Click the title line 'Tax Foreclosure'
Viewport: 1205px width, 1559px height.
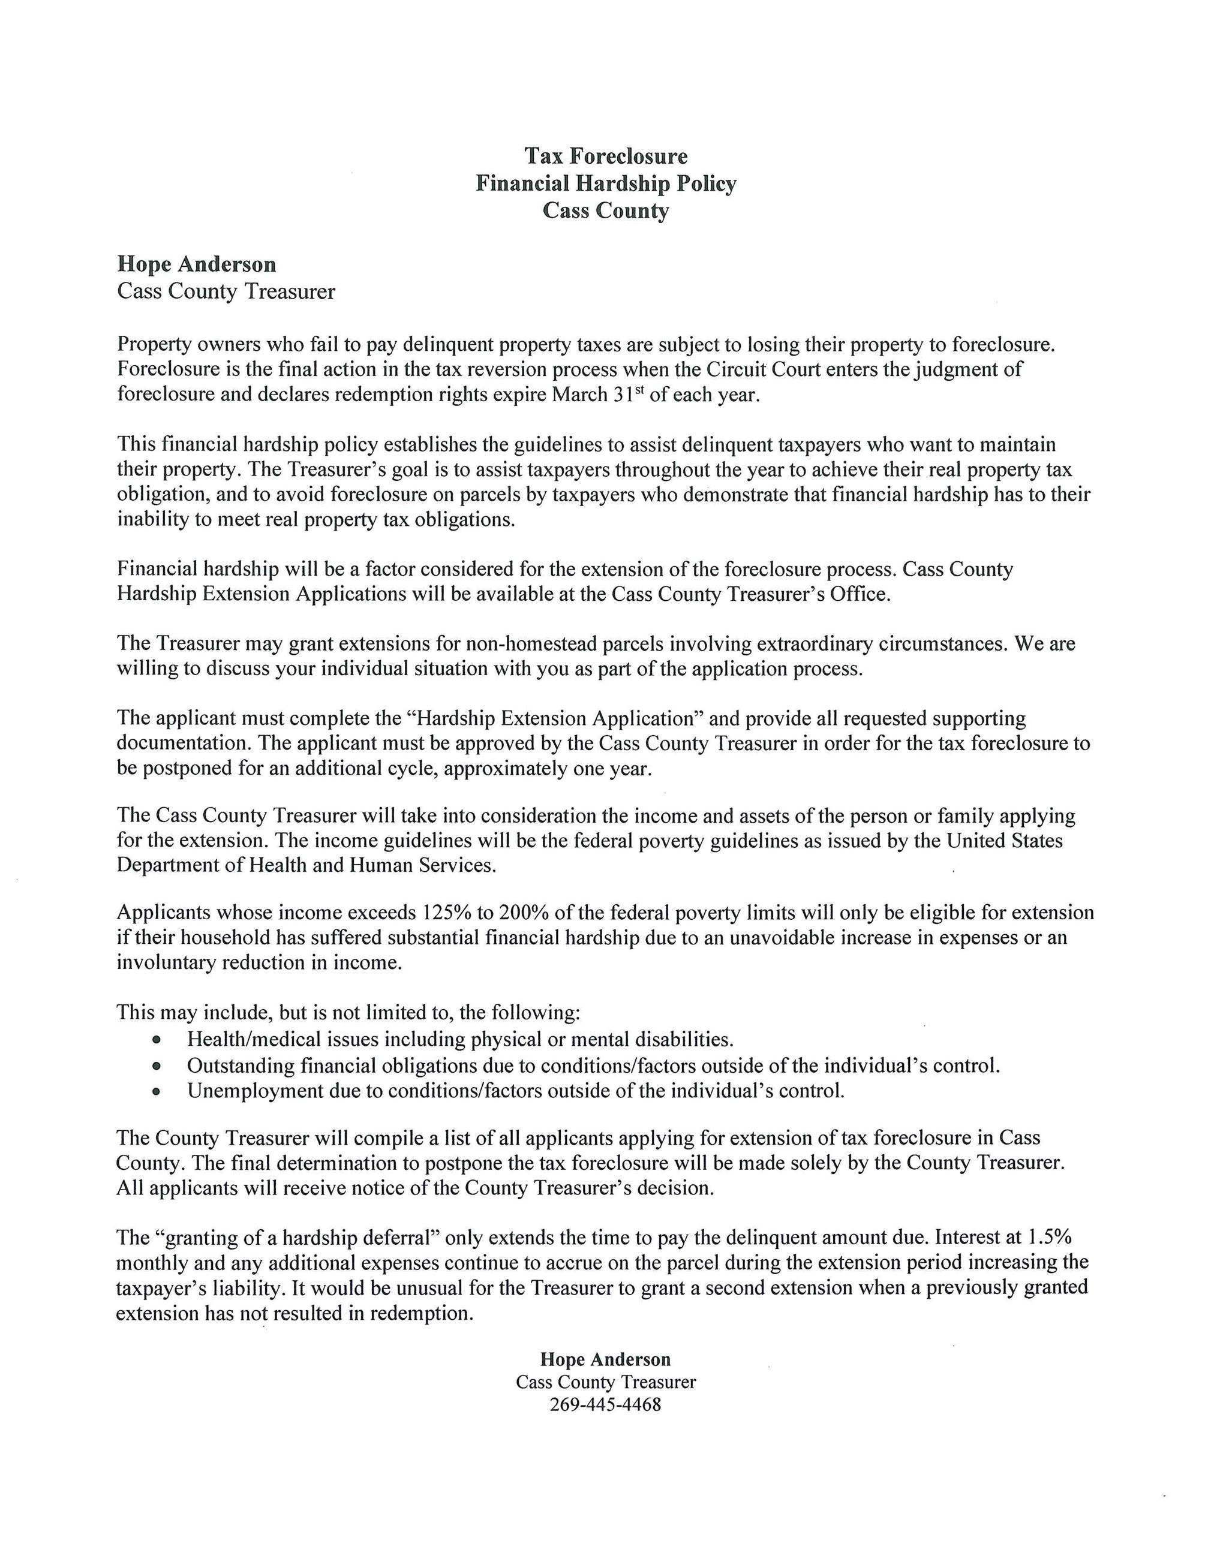tap(606, 156)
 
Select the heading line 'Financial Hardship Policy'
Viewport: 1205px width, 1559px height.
tap(606, 183)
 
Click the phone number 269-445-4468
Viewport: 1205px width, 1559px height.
tap(605, 1404)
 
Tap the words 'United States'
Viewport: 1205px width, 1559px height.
tap(1005, 840)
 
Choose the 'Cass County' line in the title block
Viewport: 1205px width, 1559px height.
tap(606, 210)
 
